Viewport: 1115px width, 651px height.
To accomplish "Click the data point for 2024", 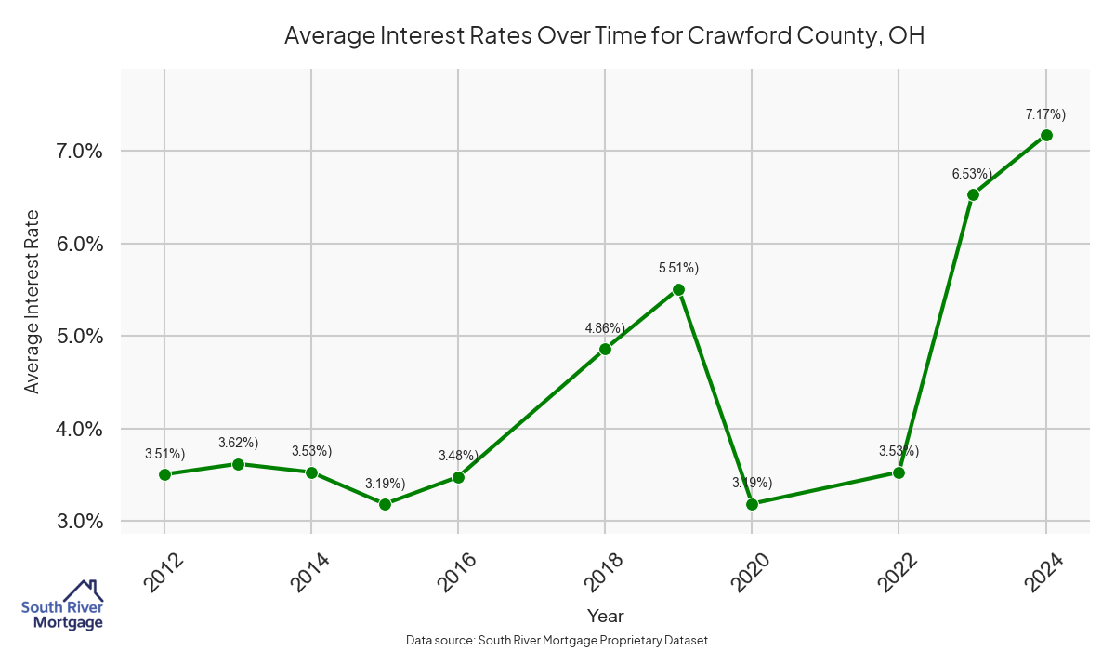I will [x=1046, y=135].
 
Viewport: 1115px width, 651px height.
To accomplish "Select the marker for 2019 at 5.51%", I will [x=678, y=289].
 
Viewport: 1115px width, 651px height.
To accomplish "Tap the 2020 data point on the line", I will [x=752, y=504].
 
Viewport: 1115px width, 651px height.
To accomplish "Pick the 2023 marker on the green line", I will [x=973, y=194].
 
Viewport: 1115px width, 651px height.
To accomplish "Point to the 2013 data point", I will [x=238, y=464].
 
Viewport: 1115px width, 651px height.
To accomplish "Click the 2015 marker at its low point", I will [x=385, y=504].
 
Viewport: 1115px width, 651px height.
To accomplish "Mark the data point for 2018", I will [x=605, y=349].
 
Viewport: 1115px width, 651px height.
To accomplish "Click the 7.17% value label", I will [x=1045, y=114].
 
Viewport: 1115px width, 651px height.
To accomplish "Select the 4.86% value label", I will [x=604, y=328].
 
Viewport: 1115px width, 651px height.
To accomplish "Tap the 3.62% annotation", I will [x=238, y=443].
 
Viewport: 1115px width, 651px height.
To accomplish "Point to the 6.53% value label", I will [x=972, y=174].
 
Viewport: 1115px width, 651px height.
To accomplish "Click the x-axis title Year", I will [x=606, y=616].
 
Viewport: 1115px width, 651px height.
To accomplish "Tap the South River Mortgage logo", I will [x=62, y=605].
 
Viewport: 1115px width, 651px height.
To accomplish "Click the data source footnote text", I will [x=557, y=641].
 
